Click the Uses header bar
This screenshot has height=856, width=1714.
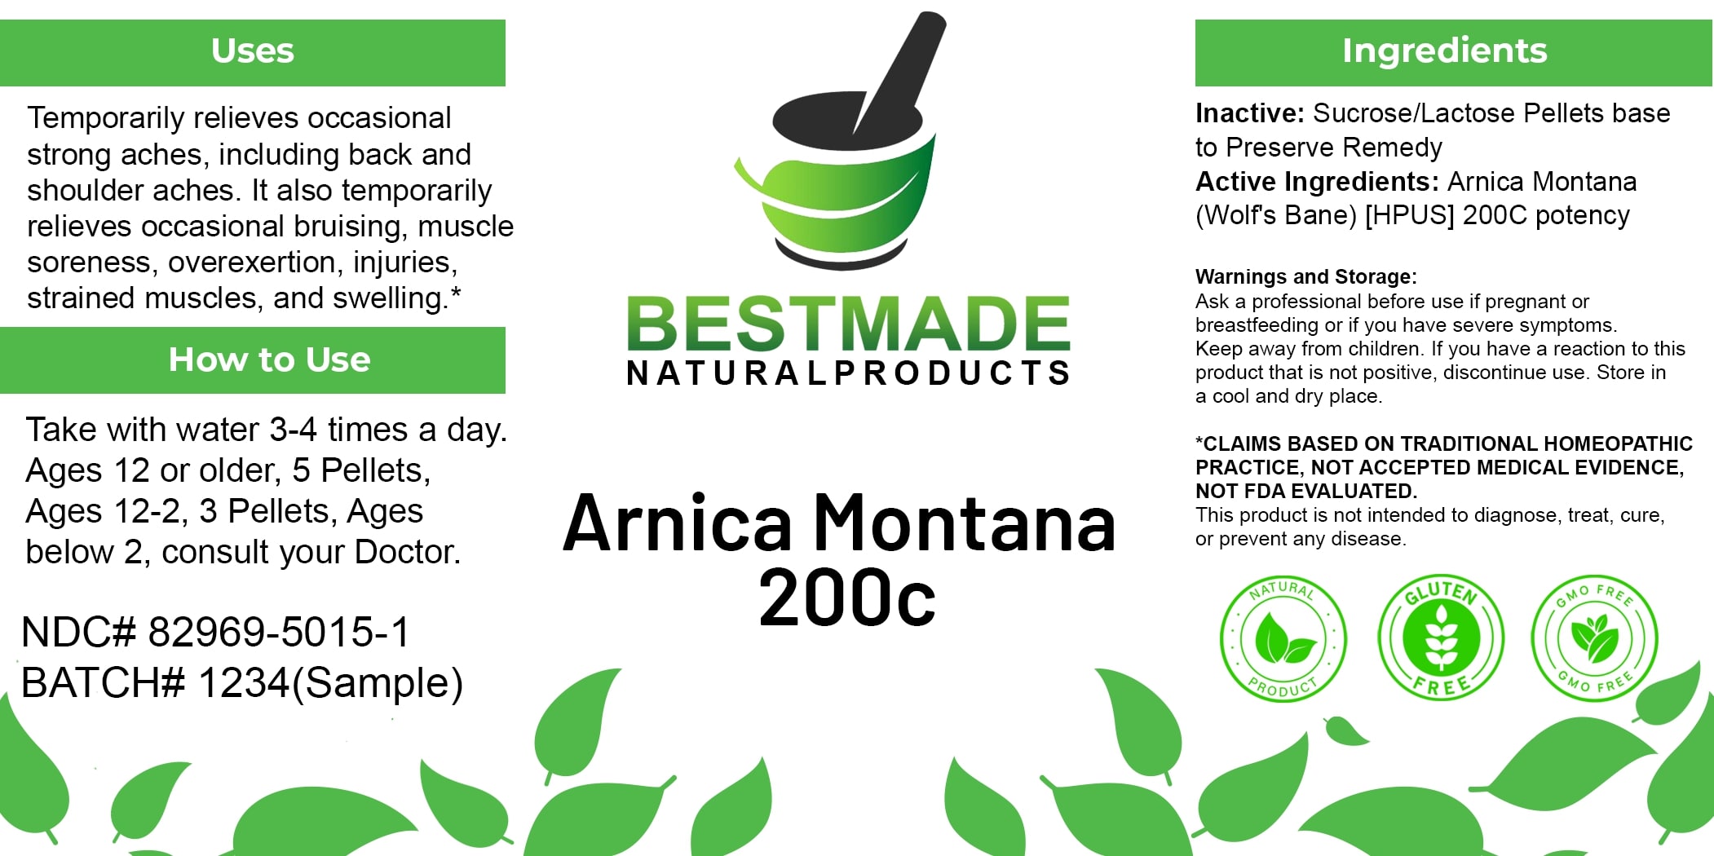click(x=253, y=51)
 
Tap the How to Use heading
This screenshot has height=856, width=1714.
click(x=269, y=360)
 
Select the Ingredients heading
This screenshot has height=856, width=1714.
click(x=1444, y=51)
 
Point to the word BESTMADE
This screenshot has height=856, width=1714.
click(x=848, y=324)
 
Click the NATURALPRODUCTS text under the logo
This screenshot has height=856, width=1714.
click(x=848, y=373)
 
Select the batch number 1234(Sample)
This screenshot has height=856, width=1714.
click(x=330, y=683)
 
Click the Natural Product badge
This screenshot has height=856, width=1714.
click(x=1283, y=638)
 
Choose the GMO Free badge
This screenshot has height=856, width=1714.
click(x=1594, y=638)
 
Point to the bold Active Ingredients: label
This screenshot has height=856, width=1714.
click(x=1317, y=182)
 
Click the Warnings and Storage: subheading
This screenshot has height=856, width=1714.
click(x=1305, y=277)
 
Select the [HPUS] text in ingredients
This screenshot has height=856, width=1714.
click(x=1409, y=216)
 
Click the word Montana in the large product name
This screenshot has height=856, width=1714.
click(x=965, y=523)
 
